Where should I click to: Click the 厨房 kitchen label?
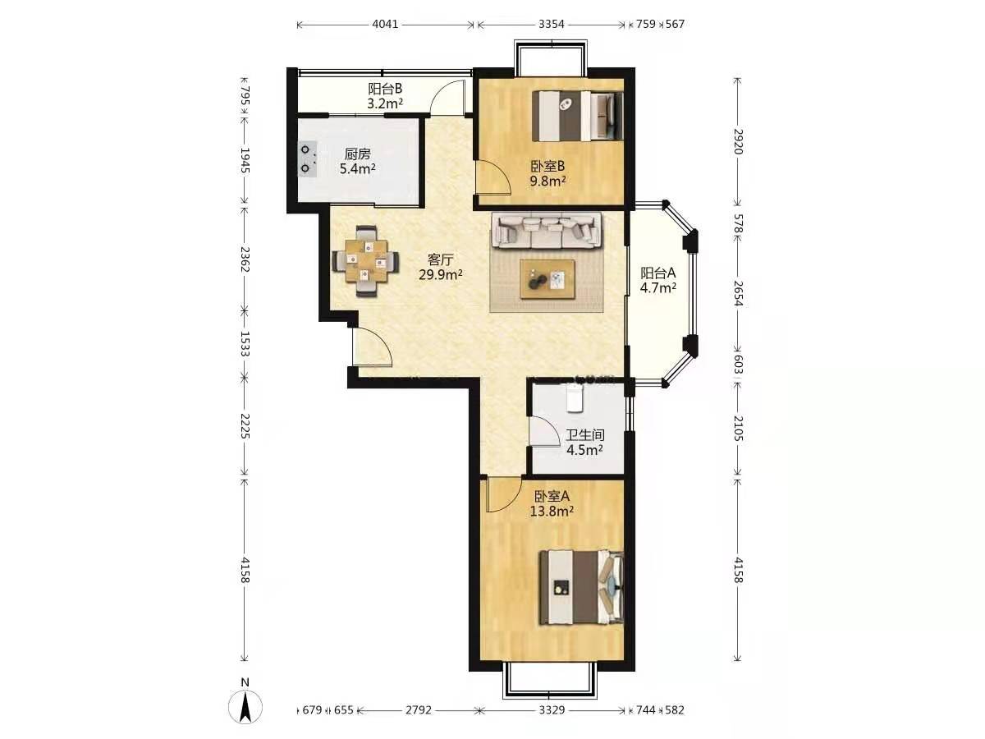[x=357, y=154]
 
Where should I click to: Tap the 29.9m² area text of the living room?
[x=440, y=274]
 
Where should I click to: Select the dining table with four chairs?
[x=365, y=260]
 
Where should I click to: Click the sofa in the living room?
[x=546, y=230]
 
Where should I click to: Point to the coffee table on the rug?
[x=547, y=278]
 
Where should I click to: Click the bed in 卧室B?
[x=578, y=116]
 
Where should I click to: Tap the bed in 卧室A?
[x=582, y=587]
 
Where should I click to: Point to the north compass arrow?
[x=245, y=708]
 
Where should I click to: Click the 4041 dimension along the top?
[x=385, y=24]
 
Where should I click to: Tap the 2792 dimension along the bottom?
[x=419, y=709]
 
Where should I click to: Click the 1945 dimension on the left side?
[x=245, y=160]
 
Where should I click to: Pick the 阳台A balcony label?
[x=657, y=273]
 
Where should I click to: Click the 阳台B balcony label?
[x=385, y=89]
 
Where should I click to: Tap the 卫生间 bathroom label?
[x=584, y=434]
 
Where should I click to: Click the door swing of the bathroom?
[x=544, y=430]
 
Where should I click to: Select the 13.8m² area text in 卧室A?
[x=552, y=511]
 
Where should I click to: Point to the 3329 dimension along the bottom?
[x=552, y=709]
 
